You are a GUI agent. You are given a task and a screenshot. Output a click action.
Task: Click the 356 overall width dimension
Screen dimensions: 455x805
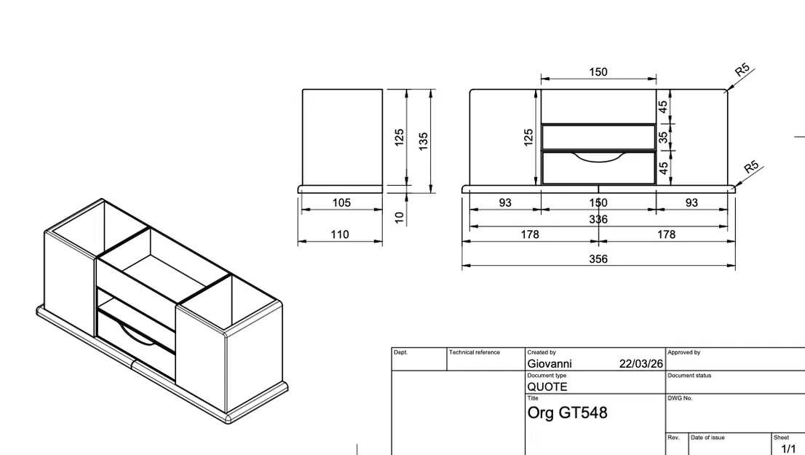click(598, 259)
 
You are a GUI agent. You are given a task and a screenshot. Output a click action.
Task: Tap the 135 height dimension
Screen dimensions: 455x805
click(424, 139)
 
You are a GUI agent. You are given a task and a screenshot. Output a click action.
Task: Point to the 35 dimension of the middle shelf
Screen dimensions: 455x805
click(663, 137)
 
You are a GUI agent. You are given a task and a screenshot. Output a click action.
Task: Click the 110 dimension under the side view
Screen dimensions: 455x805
click(340, 234)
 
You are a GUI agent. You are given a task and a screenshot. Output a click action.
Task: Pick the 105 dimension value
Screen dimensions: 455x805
click(341, 203)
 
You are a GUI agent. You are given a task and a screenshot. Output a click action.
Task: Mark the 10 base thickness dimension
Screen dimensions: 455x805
click(399, 218)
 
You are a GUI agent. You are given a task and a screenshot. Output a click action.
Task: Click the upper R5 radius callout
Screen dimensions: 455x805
click(742, 71)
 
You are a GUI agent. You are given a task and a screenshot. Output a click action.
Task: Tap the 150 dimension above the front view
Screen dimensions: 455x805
click(598, 72)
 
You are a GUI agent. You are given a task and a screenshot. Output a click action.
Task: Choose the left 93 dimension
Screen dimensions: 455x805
click(505, 203)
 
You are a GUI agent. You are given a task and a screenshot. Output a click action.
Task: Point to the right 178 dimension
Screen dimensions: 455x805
click(666, 234)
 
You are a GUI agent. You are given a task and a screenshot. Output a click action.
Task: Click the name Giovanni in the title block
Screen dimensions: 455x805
click(550, 364)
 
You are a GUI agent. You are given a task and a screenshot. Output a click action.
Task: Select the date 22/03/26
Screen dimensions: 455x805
click(641, 364)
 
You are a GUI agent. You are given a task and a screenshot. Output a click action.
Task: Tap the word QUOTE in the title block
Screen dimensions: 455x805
click(547, 387)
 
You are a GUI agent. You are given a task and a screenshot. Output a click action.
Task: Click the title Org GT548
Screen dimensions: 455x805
click(567, 413)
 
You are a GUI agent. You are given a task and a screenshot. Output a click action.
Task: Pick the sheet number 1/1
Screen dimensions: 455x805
click(788, 449)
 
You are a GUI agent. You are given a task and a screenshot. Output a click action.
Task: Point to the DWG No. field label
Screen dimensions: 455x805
click(680, 398)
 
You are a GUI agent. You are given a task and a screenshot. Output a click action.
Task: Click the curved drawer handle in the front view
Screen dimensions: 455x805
click(598, 157)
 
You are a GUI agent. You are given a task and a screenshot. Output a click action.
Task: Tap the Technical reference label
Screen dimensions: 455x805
click(475, 352)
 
